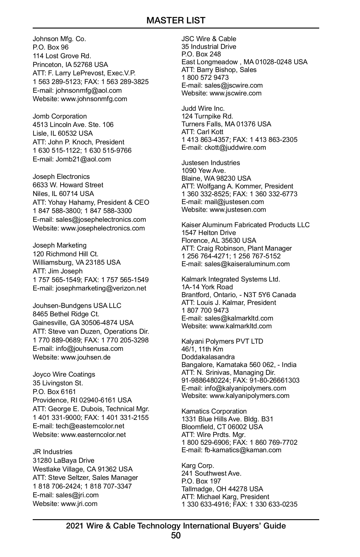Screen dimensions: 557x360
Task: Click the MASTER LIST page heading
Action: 176,20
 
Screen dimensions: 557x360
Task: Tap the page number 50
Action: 176,535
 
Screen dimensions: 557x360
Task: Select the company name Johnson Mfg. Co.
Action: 59,39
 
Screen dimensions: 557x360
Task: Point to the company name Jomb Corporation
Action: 60,116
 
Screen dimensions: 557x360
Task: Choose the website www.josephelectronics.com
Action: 103,228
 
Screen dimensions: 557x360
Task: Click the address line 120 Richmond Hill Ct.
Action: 65,254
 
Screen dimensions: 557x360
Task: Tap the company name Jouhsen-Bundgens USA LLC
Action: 77,306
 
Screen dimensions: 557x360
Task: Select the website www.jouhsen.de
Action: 86,357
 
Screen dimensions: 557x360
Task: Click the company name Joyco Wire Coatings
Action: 64,374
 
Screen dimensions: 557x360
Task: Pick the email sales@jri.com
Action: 77,495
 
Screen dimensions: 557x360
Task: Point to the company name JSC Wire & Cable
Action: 209,39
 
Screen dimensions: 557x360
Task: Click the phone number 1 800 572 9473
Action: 205,77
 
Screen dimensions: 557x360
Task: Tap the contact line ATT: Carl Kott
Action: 202,132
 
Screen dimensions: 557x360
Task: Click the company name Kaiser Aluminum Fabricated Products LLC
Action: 245,225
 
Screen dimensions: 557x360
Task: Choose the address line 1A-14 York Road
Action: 207,287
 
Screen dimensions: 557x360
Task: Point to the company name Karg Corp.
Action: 198,465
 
